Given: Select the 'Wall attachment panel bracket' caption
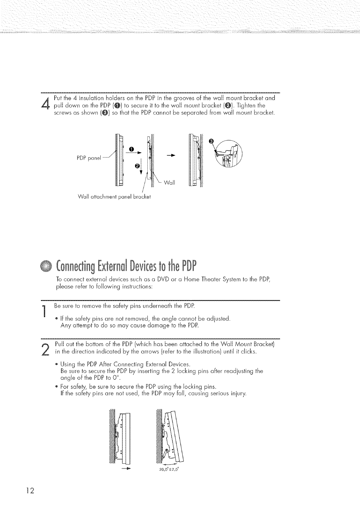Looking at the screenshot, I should coord(114,197).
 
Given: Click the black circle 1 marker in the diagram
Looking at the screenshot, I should coord(131,149).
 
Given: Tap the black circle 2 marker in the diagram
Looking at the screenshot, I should coord(137,166).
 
